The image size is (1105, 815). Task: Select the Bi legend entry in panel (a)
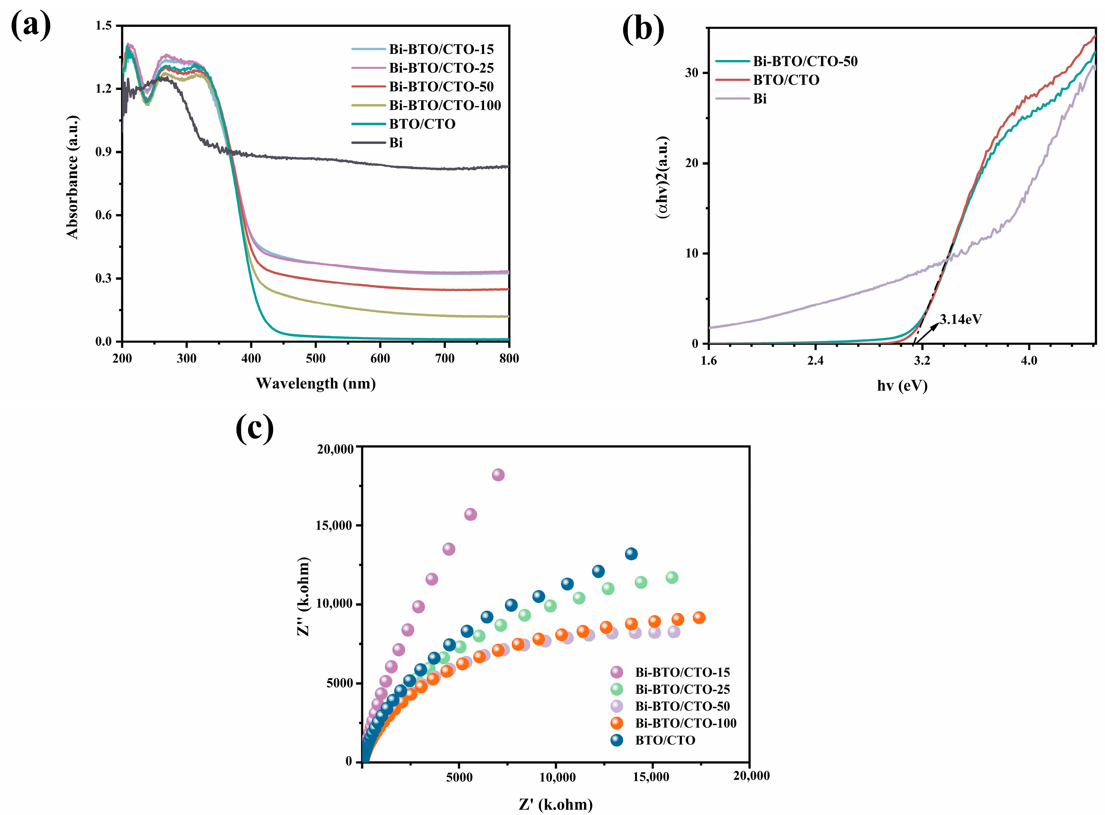pos(396,142)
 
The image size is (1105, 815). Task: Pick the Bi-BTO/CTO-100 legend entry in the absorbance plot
pos(445,105)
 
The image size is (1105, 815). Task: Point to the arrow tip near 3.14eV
pos(938,324)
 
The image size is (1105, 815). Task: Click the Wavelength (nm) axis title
pos(316,383)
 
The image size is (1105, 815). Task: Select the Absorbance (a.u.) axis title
pos(73,177)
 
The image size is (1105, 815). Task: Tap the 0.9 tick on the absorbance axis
pos(104,152)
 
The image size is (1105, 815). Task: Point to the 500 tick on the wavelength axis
pos(316,358)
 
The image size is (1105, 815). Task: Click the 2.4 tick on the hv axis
pos(815,361)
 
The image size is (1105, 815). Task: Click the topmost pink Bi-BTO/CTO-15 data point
pos(498,475)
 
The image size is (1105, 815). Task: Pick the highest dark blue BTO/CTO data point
pos(631,554)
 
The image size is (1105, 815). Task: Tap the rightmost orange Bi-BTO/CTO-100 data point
pos(699,617)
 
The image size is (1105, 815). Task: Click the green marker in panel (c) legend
pos(616,689)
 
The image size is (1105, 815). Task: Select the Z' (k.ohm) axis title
pos(555,804)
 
